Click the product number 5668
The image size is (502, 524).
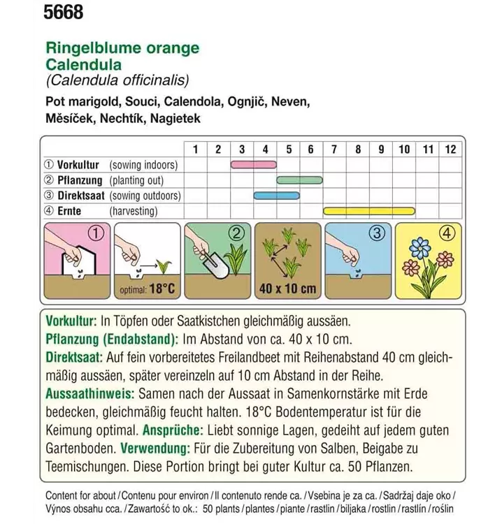[63, 12]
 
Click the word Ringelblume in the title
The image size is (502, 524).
[85, 48]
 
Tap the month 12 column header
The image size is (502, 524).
[450, 149]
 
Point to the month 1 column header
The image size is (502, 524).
[195, 149]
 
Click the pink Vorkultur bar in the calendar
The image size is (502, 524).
[253, 165]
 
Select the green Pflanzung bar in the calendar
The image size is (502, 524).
[299, 180]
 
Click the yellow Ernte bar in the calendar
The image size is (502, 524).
[369, 210]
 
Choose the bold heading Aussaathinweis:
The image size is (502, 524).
[87, 393]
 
